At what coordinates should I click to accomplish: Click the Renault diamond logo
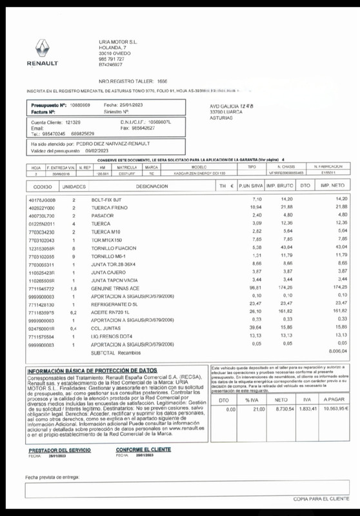[x=42, y=49]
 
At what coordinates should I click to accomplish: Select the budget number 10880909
[x=79, y=104]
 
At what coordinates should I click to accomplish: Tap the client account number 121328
[x=73, y=122]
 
